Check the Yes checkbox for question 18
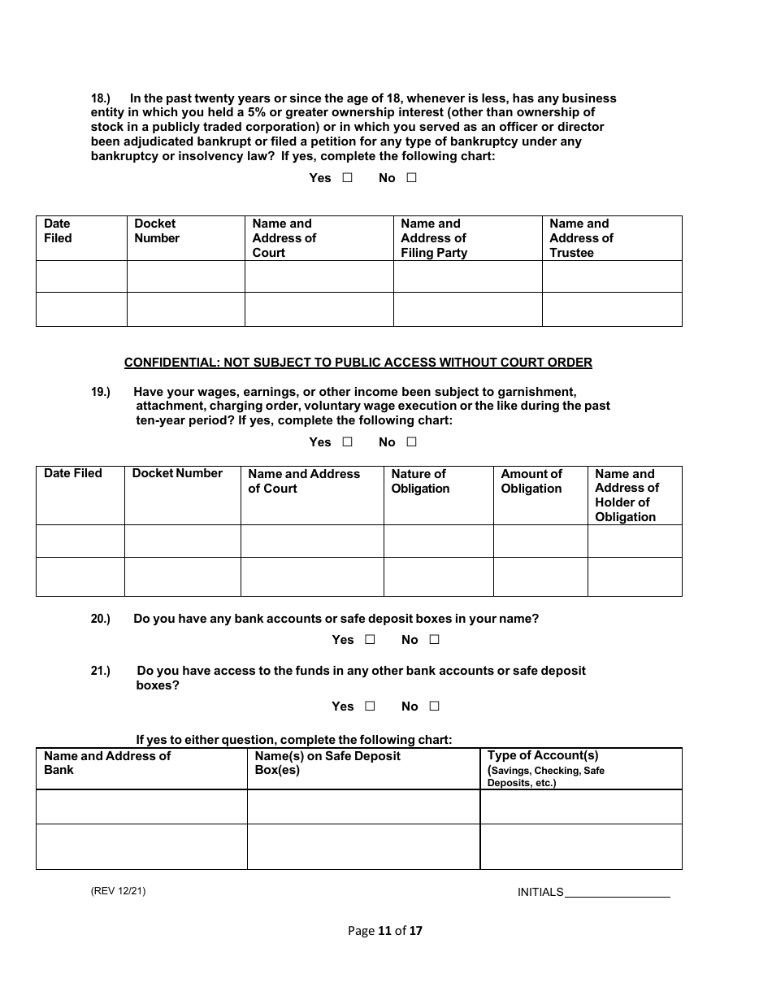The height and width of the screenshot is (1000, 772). point(347,178)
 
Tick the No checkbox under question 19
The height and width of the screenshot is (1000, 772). point(411,442)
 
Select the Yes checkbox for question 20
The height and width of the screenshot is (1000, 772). point(370,640)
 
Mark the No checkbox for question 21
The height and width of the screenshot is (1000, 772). point(434,707)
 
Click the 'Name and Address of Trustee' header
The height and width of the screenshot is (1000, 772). point(581,238)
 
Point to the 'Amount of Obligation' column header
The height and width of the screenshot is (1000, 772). point(531,481)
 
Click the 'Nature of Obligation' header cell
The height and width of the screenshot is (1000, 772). point(420,481)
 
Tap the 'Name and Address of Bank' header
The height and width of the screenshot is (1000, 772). point(107,763)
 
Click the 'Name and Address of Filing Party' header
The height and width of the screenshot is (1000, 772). point(434,238)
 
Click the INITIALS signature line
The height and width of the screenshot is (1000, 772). point(617,893)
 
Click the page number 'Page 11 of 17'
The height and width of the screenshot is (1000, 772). point(385,931)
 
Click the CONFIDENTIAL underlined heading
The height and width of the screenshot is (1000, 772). point(358,363)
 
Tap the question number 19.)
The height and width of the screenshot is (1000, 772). point(100,392)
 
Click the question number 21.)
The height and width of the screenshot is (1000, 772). point(100,671)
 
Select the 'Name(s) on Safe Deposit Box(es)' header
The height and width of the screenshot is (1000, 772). point(327,763)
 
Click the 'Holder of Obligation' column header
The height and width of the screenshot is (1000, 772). point(627,495)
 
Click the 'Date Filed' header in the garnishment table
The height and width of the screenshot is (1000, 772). point(73,473)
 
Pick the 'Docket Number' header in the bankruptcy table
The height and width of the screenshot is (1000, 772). point(157,231)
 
